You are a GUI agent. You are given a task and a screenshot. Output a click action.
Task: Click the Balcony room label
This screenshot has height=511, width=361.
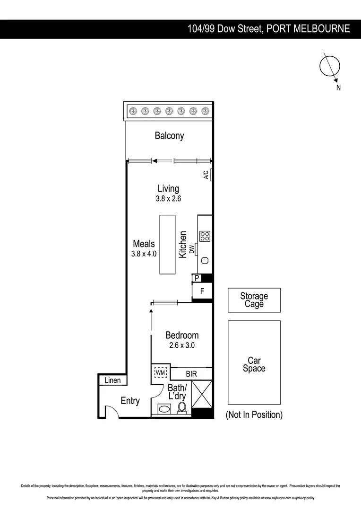click(x=169, y=136)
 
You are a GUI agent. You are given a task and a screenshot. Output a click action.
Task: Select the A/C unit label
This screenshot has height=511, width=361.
click(x=206, y=175)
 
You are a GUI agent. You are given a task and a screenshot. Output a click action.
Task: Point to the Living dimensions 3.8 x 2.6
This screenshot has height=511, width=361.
click(x=168, y=199)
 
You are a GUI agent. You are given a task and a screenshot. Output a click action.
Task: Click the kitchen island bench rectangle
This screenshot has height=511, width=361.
click(x=167, y=244)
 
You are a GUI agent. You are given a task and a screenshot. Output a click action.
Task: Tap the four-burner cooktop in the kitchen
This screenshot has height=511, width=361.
click(x=205, y=236)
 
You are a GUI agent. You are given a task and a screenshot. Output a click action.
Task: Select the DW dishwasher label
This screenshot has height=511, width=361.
click(x=192, y=249)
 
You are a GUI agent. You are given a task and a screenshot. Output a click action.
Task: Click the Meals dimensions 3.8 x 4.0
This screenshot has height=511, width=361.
click(x=144, y=254)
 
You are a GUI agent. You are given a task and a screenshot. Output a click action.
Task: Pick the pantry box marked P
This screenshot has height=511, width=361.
click(x=197, y=278)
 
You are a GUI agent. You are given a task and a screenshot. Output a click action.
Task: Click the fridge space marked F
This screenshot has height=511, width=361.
click(x=202, y=291)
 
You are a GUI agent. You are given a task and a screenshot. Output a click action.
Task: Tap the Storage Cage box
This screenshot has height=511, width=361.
click(x=254, y=300)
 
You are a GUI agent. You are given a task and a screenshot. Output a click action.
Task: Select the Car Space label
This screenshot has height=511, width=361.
click(x=254, y=365)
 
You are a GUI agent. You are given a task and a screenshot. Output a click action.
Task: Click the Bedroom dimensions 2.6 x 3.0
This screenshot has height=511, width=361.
click(x=182, y=345)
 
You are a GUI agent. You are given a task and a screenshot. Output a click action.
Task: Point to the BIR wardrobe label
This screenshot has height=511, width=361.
click(x=191, y=374)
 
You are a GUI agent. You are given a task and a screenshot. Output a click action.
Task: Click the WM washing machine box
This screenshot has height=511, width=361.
click(x=161, y=373)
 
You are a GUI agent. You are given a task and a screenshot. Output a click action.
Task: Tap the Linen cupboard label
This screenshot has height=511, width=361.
click(x=112, y=380)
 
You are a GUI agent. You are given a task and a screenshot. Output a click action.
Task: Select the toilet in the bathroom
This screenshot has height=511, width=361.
click(x=182, y=408)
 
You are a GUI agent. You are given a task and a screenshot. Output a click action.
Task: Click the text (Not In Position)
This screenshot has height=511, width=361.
click(x=254, y=415)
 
